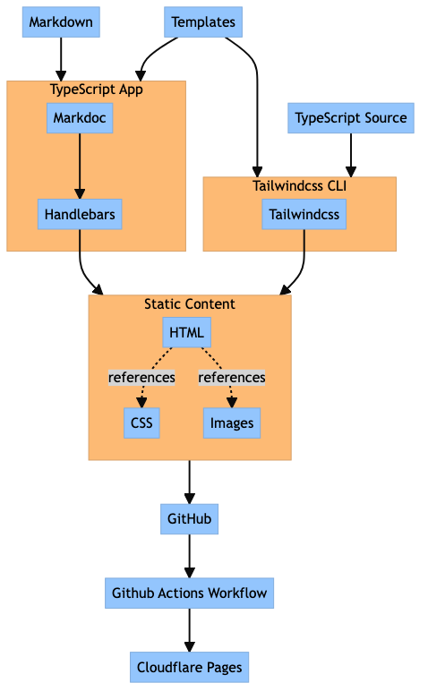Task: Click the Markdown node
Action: point(61,22)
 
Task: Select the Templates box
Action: point(203,22)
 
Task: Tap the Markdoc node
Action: point(80,118)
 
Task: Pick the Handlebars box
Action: point(80,215)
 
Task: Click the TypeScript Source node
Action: point(350,118)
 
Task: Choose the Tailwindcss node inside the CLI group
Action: point(304,215)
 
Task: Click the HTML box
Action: point(186,333)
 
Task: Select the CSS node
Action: point(141,423)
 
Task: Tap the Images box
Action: point(232,423)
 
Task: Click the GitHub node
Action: point(190,519)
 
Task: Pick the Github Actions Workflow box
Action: point(190,593)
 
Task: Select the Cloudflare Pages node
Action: point(190,668)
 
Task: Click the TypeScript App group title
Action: point(97,90)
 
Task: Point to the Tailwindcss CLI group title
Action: point(299,186)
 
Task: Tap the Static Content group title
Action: point(190,304)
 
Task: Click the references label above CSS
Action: point(141,378)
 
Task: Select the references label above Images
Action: point(232,378)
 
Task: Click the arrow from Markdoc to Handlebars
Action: point(80,166)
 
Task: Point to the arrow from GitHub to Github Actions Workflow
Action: point(190,556)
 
